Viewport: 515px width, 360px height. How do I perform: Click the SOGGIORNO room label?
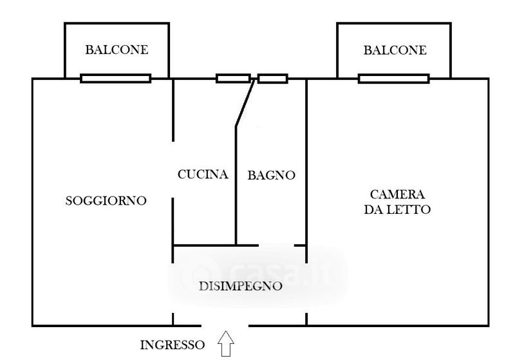pos(106,201)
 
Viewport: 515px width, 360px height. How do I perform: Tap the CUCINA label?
pos(203,175)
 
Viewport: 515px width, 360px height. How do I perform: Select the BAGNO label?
pos(271,175)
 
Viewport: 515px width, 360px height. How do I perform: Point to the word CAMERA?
pos(397,194)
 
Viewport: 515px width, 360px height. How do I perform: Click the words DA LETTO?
pos(397,210)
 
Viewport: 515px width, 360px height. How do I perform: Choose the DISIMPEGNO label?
pos(239,287)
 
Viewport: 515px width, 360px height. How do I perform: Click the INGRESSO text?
pos(173,345)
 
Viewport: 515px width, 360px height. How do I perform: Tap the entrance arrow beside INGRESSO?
pos(227,343)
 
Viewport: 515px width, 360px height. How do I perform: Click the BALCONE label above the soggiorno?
pos(117,50)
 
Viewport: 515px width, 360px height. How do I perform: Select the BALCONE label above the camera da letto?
pos(395,50)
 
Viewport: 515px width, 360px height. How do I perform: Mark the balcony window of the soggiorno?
pos(116,79)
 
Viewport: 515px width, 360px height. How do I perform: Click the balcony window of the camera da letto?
pos(393,79)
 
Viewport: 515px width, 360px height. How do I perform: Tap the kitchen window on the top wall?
pos(233,79)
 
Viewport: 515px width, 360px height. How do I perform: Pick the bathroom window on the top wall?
pos(272,79)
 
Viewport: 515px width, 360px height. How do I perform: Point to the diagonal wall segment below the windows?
pos(243,103)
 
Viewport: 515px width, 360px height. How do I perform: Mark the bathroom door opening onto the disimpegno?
pos(277,245)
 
